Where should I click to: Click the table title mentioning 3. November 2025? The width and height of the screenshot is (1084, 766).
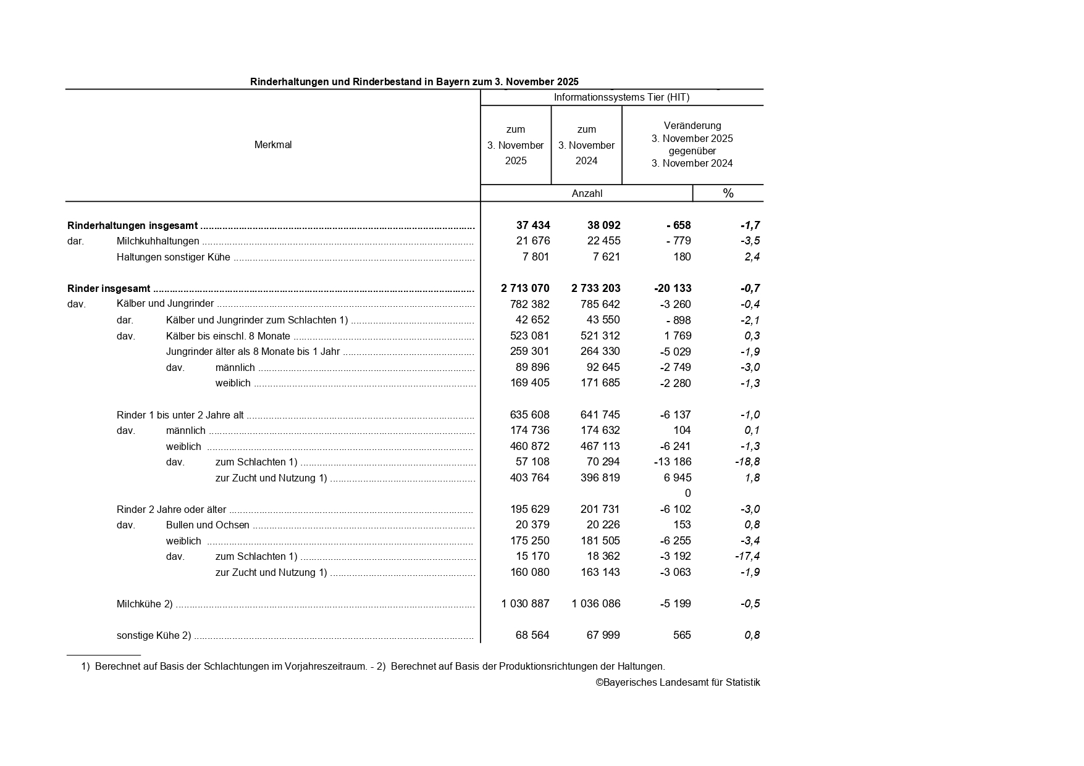(414, 81)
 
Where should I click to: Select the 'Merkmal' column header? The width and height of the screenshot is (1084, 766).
(273, 145)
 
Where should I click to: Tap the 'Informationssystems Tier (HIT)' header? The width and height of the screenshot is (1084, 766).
(621, 98)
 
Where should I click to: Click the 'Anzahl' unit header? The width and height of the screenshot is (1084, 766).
(587, 194)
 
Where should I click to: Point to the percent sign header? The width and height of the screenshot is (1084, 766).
(728, 194)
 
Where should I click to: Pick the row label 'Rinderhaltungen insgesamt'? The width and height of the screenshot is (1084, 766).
(132, 226)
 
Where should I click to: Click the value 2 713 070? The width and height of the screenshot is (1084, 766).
(525, 288)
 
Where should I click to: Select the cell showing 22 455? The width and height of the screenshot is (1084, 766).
(603, 241)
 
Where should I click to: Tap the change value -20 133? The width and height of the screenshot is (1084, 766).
(673, 288)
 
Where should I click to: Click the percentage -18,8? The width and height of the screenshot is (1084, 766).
(747, 462)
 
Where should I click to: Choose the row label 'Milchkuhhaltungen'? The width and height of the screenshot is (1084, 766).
(158, 241)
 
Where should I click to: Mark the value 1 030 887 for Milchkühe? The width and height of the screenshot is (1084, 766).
(525, 604)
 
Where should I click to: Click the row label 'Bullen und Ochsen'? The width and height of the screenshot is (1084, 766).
(208, 525)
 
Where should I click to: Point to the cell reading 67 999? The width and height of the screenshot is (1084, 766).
(603, 635)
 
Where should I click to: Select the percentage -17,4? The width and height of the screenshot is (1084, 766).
(747, 556)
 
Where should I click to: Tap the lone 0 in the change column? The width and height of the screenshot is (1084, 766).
(687, 493)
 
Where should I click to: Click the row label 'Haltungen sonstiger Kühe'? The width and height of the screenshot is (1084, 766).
(173, 257)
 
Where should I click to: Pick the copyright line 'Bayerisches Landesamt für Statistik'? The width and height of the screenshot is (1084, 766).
(678, 683)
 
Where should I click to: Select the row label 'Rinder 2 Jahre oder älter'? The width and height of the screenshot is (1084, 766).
(171, 510)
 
